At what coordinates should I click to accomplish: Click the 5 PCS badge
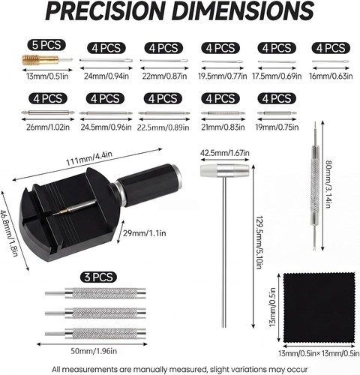[x=46, y=45]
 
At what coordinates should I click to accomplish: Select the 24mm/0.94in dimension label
[x=106, y=76]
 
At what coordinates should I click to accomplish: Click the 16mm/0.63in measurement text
[x=331, y=76]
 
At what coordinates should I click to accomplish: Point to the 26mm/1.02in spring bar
[x=47, y=112]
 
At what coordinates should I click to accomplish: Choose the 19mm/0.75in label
[x=277, y=127]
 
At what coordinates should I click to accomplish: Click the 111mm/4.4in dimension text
[x=89, y=158]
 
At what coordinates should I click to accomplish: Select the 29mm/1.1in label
[x=145, y=233]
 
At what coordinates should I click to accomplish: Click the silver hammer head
[x=225, y=170]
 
